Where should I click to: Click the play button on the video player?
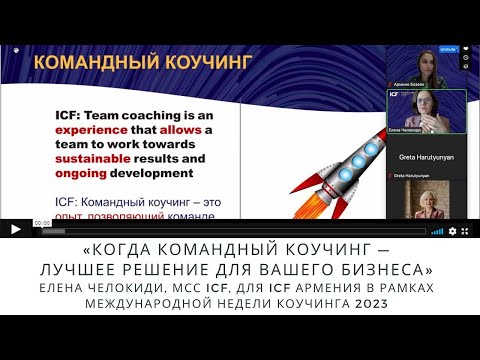coord(14,229)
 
